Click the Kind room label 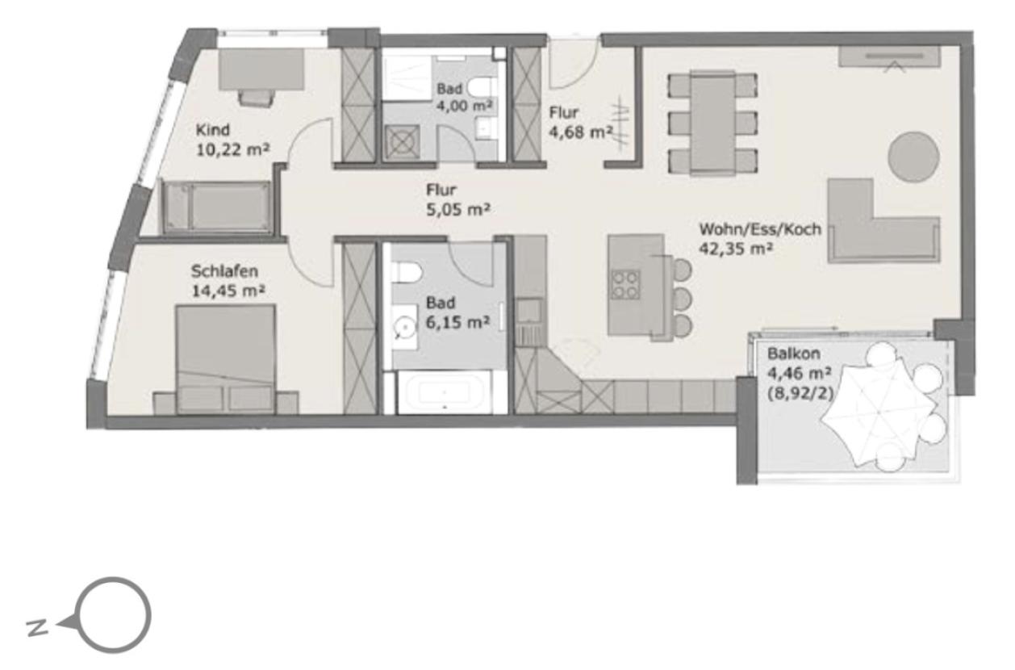click(212, 130)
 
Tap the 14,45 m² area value click(228, 291)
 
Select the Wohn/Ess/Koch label click(760, 229)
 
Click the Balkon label click(787, 354)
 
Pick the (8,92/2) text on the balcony click(800, 393)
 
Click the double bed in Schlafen click(226, 359)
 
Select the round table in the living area click(913, 157)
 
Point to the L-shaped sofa click(883, 221)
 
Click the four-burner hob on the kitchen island click(625, 285)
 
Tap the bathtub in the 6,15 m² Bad click(444, 392)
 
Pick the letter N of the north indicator click(37, 627)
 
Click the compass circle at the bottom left click(113, 615)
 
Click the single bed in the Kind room click(217, 207)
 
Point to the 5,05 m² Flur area click(458, 210)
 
